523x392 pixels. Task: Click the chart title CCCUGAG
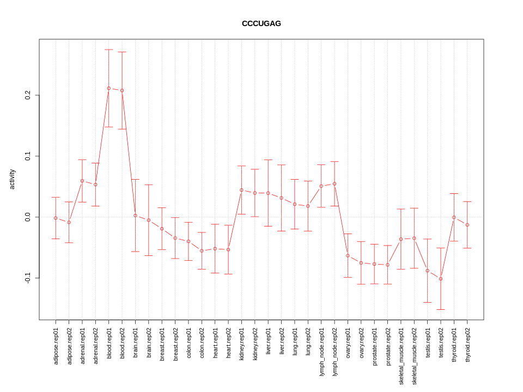(261, 23)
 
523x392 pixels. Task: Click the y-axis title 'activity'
(13, 179)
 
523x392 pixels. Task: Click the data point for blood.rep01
(109, 88)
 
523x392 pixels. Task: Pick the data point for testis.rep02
(441, 279)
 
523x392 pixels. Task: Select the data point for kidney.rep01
(241, 190)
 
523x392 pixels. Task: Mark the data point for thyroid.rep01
(454, 217)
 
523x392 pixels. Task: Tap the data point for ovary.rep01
(348, 255)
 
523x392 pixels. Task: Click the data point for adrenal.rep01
(82, 181)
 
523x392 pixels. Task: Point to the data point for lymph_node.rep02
(335, 183)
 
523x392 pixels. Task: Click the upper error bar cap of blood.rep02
(122, 52)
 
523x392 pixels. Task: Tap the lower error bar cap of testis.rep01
(428, 302)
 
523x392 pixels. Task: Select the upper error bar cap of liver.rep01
(268, 160)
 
